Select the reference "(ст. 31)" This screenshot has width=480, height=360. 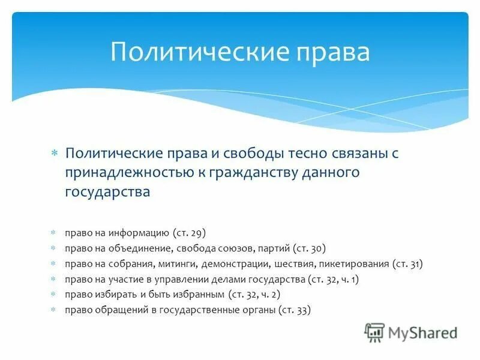(407, 263)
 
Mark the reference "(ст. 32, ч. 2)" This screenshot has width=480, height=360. (254, 294)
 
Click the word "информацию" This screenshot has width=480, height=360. (139, 232)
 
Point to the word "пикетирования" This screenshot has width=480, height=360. (355, 263)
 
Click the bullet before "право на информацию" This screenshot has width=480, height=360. (53, 232)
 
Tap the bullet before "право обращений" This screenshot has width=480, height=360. (53, 310)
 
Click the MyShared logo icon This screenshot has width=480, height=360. (375, 332)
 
